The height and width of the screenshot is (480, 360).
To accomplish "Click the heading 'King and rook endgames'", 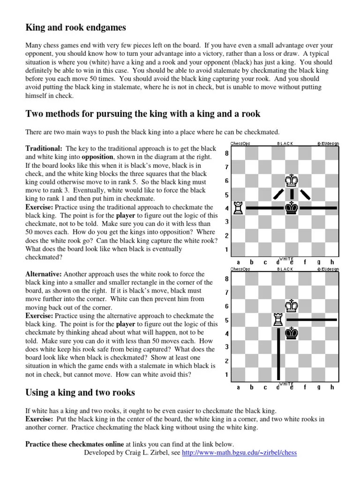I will [75, 28].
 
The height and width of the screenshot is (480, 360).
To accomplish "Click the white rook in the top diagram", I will [238, 208].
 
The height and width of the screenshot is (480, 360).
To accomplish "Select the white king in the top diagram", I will [292, 180].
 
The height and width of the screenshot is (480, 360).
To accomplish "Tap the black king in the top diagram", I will [292, 208].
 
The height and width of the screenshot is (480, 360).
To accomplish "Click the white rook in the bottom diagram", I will [278, 319].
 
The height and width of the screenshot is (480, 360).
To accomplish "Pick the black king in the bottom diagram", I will [292, 333].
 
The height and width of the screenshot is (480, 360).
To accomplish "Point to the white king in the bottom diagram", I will [292, 306].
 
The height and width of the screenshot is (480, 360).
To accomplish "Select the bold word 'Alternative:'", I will [43, 274].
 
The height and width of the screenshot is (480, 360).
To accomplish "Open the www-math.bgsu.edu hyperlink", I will [239, 453].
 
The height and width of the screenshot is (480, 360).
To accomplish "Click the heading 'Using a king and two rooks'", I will [80, 393].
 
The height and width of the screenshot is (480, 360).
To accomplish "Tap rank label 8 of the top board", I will [227, 153].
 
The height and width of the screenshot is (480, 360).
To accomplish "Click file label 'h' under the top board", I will [332, 262].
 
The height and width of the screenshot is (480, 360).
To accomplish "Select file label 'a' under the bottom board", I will [238, 387].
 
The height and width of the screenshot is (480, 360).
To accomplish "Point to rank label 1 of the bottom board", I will [227, 374].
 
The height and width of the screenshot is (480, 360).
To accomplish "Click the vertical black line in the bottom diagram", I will [278, 354].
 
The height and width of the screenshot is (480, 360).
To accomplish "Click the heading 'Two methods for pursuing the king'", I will [142, 114].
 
